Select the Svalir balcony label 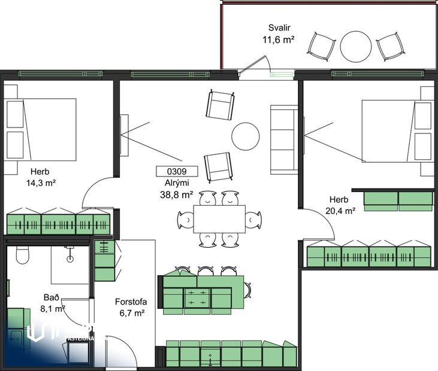pyautogui.click(x=279, y=28)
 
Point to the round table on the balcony pyautogui.click(x=357, y=47)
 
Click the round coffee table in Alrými pyautogui.click(x=246, y=136)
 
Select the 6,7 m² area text pyautogui.click(x=131, y=313)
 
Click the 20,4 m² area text pyautogui.click(x=342, y=210)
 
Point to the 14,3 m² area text pyautogui.click(x=41, y=183)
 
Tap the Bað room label pyautogui.click(x=51, y=297)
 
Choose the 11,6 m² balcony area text pyautogui.click(x=279, y=39)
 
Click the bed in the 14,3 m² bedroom pyautogui.click(x=41, y=129)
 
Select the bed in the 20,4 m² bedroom pyautogui.click(x=397, y=131)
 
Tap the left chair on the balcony pyautogui.click(x=321, y=45)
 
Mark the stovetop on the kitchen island pyautogui.click(x=198, y=297)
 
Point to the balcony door pyautogui.click(x=255, y=65)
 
